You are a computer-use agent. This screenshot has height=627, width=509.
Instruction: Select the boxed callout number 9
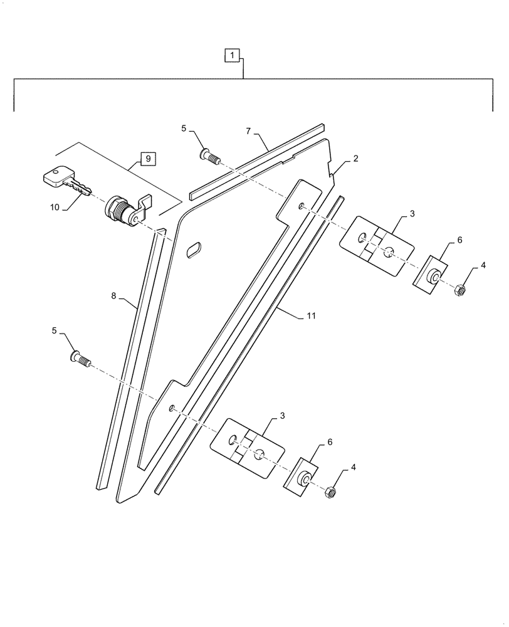coord(148,159)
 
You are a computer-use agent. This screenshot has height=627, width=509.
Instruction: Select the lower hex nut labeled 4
coord(330,493)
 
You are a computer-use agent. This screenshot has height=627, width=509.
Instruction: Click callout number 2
coord(355,159)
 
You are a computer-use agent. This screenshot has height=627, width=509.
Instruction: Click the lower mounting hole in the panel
coord(171,408)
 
